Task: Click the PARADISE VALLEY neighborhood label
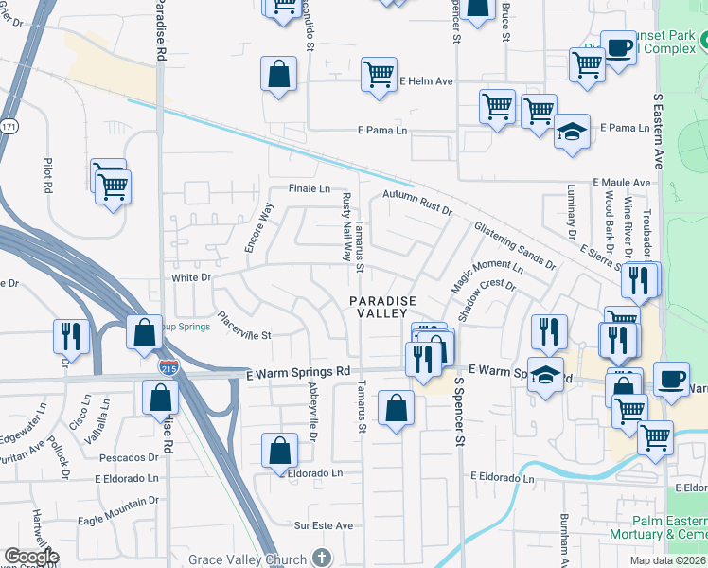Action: (x=379, y=307)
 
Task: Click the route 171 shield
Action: (x=9, y=126)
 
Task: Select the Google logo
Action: (x=31, y=558)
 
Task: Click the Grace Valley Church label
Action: (x=247, y=559)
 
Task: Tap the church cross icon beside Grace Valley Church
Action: (x=322, y=557)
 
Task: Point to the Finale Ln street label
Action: (x=310, y=188)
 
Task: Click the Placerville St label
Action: (x=244, y=327)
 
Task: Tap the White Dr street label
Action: (x=190, y=277)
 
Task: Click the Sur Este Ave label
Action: (x=323, y=525)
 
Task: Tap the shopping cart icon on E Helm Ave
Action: (x=379, y=74)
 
